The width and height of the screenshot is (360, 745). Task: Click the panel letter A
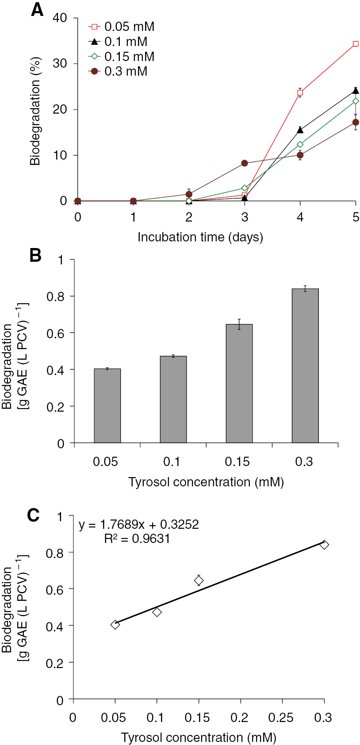click(37, 10)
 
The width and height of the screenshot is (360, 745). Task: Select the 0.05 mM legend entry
click(122, 27)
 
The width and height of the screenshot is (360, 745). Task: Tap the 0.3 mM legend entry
click(119, 71)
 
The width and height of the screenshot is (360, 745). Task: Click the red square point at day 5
click(356, 44)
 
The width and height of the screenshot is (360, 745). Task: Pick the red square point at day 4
click(300, 93)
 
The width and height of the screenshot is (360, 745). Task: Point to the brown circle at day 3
click(245, 163)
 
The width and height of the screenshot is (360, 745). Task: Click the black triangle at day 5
click(356, 91)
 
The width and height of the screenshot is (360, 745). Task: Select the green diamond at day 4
click(300, 144)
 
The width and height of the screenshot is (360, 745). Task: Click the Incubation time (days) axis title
click(200, 237)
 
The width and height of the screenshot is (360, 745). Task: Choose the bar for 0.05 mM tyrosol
click(107, 405)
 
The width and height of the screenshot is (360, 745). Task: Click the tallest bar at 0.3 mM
click(305, 365)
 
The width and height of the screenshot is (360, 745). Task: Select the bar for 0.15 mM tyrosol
click(239, 383)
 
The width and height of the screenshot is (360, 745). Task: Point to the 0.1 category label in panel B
click(172, 462)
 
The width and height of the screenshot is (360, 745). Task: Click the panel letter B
click(35, 256)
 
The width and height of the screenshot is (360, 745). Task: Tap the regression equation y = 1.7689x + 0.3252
click(139, 525)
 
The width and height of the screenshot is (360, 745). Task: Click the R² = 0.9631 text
click(137, 539)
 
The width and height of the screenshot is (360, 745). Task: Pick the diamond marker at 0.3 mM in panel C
click(324, 545)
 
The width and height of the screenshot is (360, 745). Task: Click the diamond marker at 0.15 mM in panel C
click(199, 580)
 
